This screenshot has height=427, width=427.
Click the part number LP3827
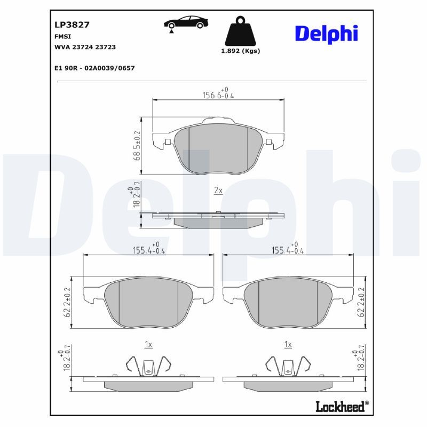[x=72, y=25]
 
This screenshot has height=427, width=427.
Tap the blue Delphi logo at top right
[x=326, y=34]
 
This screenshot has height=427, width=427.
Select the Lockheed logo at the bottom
[x=342, y=406]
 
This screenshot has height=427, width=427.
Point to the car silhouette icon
[x=186, y=22]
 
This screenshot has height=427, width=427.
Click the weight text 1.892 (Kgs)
[x=241, y=51]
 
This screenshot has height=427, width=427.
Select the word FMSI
[x=62, y=36]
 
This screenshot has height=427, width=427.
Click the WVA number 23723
[x=105, y=47]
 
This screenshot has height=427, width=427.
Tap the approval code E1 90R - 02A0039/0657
[x=94, y=68]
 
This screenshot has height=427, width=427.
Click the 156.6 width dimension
[x=218, y=93]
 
